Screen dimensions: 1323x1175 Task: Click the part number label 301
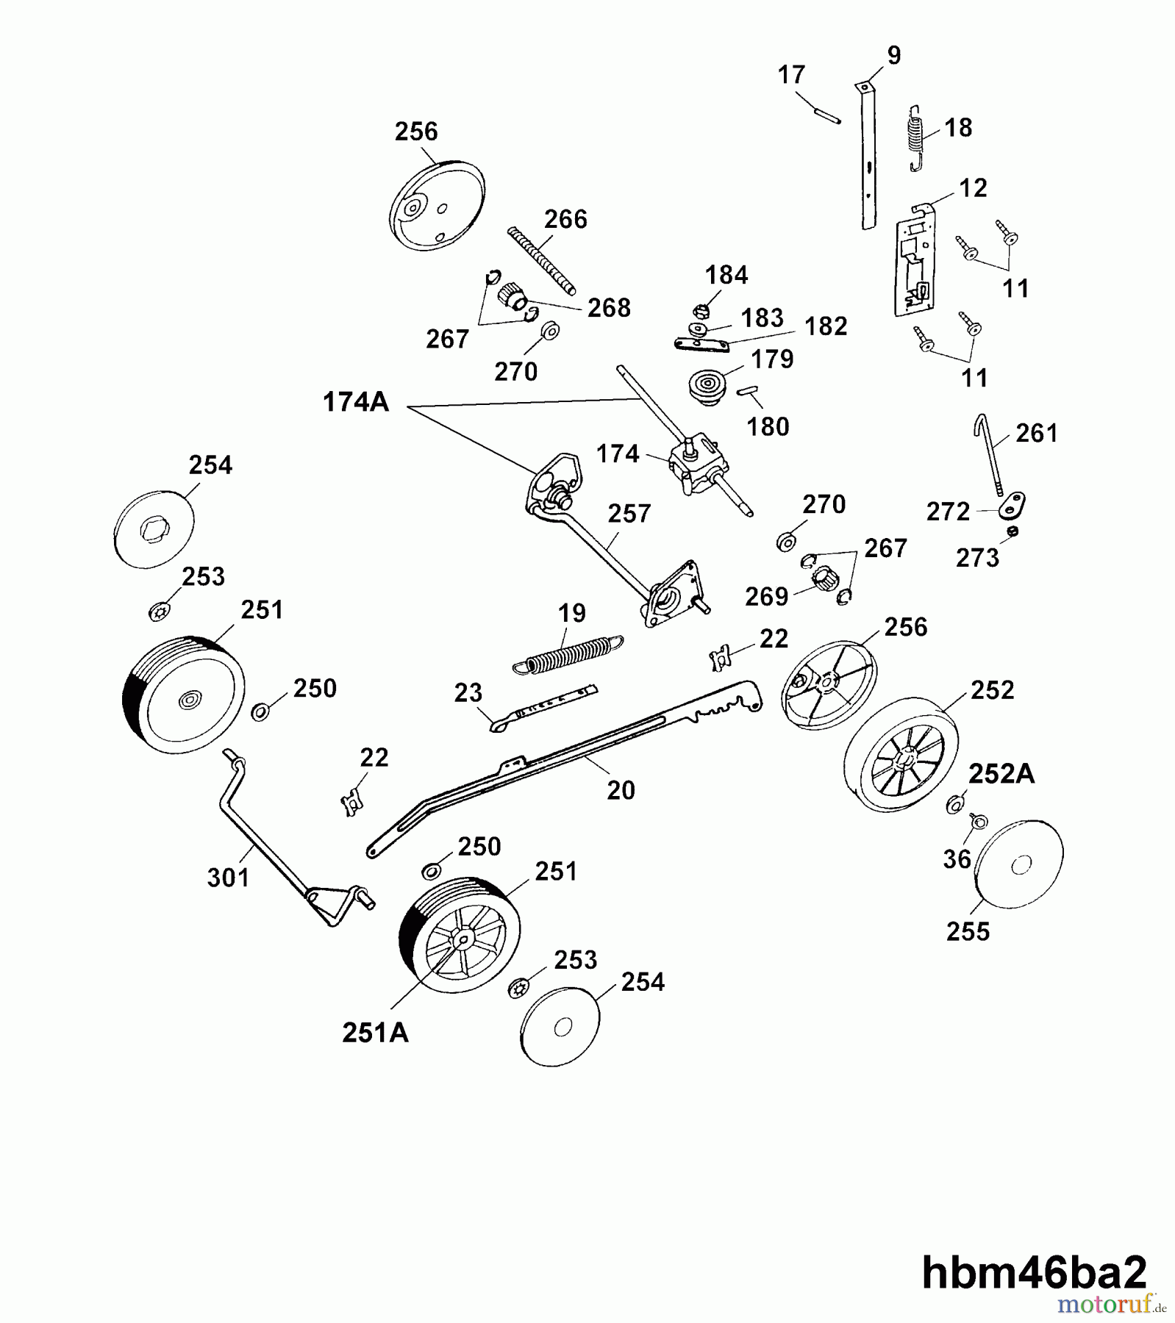229,877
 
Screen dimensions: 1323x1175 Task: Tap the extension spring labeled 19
568,653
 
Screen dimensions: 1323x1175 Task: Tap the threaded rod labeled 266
542,261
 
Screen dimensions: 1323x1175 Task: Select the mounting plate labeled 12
915,265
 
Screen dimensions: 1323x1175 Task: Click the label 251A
375,1033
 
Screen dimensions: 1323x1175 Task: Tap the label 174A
356,402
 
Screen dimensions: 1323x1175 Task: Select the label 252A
1001,773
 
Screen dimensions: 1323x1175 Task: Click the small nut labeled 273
1013,531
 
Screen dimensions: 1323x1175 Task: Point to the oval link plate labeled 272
1013,506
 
